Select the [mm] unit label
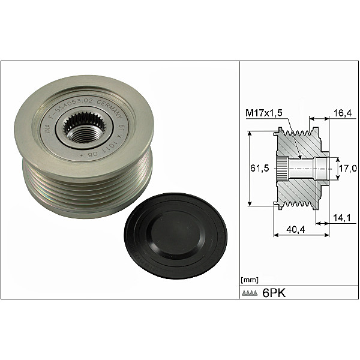(249, 280)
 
